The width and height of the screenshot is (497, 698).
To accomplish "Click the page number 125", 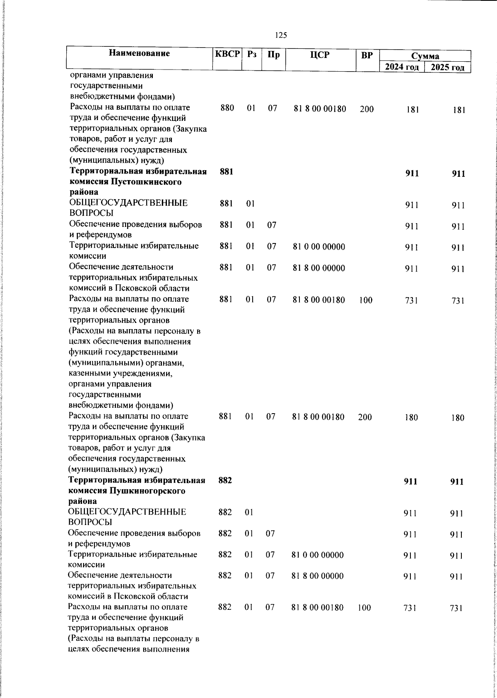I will [281, 35].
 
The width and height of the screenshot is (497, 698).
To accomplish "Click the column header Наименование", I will [140, 53].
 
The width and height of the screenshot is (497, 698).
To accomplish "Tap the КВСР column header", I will [227, 54].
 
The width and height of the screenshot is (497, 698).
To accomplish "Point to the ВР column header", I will [367, 55].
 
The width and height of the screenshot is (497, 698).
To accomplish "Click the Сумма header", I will [425, 56].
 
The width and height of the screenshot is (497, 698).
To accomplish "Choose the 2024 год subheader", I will [402, 67].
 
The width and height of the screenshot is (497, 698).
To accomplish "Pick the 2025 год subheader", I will [447, 67].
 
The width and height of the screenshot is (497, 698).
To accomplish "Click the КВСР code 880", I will [227, 108].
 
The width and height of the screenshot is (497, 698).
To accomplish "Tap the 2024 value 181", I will [413, 110].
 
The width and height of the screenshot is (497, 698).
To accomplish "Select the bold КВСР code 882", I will [225, 480].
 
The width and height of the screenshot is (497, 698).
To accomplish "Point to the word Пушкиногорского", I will [147, 491].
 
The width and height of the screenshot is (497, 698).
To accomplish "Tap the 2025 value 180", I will [458, 418].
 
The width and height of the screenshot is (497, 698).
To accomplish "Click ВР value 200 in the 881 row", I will [365, 417].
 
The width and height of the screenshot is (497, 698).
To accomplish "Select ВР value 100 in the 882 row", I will [364, 608].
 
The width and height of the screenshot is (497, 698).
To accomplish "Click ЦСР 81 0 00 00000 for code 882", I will [317, 555].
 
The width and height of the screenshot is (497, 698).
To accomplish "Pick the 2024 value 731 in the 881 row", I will [411, 301].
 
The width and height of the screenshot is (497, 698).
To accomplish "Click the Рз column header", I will [251, 54].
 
